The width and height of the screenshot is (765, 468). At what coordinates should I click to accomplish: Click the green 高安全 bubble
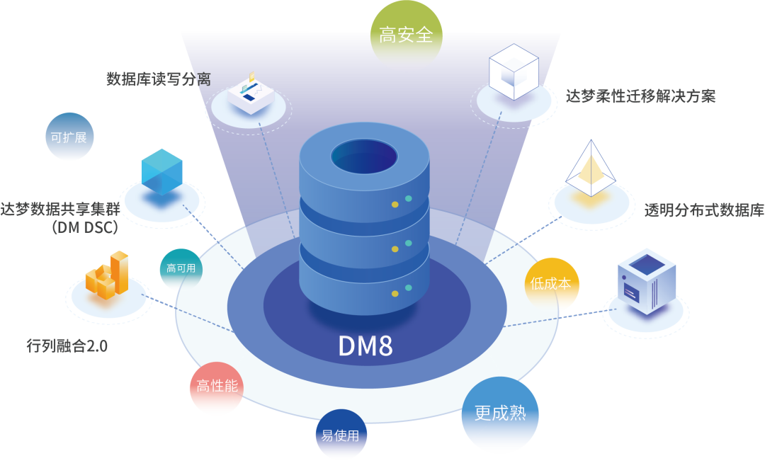coord(407,35)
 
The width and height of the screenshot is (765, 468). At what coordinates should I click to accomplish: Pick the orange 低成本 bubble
coord(551,283)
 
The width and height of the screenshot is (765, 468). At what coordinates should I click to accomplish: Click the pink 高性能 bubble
coord(217,387)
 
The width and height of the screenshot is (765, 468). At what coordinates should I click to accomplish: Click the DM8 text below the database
coord(365,346)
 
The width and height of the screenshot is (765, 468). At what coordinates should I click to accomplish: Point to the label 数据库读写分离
coord(158,79)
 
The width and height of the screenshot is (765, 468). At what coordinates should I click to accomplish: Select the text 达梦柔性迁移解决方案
coord(640,96)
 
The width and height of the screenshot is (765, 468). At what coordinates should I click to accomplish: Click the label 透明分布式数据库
coord(703,210)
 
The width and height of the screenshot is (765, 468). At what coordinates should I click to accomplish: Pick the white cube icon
coord(514,72)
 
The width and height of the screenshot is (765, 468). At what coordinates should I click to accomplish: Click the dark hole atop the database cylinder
coord(364,156)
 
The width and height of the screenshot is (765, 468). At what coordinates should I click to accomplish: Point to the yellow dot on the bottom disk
coord(395,292)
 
